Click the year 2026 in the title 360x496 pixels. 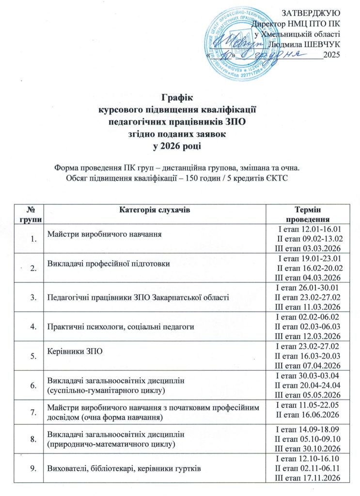click(172, 145)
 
